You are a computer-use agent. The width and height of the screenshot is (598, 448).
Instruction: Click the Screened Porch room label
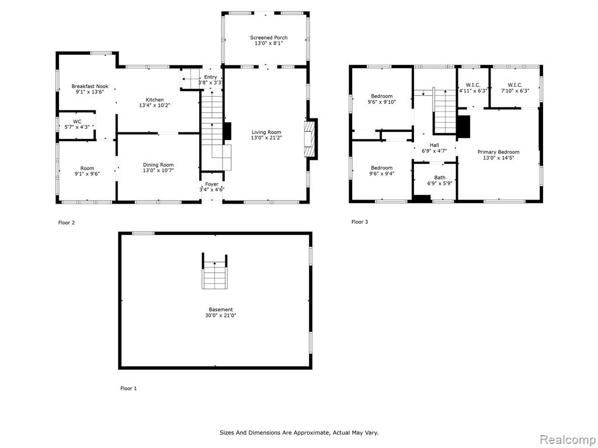point(269,37)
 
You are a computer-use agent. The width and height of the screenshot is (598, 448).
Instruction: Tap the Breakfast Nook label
point(90,86)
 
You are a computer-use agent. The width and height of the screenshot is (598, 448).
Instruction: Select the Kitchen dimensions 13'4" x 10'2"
point(154,105)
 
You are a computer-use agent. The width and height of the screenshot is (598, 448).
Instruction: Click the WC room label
point(77,121)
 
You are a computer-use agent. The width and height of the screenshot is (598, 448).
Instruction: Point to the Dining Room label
point(158,165)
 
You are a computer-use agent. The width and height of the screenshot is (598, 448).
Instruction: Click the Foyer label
point(211,184)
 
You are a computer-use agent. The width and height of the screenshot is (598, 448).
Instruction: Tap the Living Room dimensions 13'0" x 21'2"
point(266,138)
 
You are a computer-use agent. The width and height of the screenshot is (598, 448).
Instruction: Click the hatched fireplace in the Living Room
point(311,139)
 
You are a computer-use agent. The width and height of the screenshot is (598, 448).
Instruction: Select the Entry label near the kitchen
point(210,77)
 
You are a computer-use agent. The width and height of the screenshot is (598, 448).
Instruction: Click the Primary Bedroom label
point(499,152)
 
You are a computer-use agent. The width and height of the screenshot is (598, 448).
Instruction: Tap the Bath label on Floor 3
point(440,177)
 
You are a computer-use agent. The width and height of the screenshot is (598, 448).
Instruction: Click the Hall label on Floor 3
point(434,145)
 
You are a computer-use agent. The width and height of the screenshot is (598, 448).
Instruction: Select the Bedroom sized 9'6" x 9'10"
point(382,99)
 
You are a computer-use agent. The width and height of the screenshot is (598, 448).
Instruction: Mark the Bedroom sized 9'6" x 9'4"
point(382,171)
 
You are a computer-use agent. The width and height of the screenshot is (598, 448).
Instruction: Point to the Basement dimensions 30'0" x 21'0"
point(220,316)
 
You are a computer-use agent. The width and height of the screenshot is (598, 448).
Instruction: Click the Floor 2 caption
point(67,222)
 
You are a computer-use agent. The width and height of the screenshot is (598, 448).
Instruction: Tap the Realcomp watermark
point(568,440)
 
